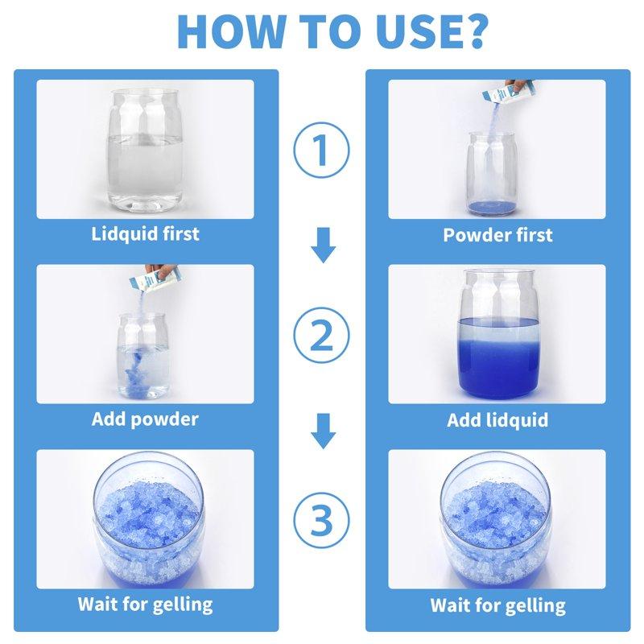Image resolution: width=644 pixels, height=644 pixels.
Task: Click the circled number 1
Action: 322,151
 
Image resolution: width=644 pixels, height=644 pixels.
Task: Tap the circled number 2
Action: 322,336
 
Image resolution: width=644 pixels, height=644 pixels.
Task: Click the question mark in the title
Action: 471,31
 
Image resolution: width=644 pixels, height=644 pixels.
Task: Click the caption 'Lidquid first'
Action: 145,234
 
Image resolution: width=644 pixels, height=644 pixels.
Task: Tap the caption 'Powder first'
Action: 497,235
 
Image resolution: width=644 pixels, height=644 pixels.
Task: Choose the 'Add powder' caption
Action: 145,419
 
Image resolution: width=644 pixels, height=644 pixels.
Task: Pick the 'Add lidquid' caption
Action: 497,420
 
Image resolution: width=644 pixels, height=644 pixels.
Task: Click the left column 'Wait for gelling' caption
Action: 145,604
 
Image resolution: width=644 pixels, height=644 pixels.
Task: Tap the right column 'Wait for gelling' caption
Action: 497,605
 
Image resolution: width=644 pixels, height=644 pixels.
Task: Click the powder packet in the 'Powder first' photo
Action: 499,95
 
